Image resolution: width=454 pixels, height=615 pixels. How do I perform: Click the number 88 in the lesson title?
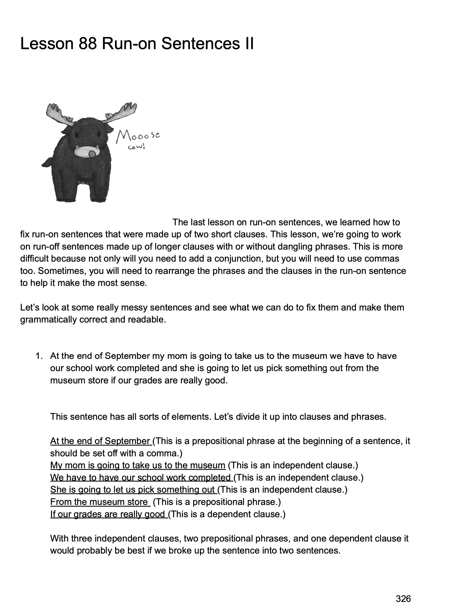[87, 44]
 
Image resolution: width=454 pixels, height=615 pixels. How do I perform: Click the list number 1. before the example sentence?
[39, 356]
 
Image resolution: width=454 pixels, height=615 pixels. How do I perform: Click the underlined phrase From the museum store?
[99, 502]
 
